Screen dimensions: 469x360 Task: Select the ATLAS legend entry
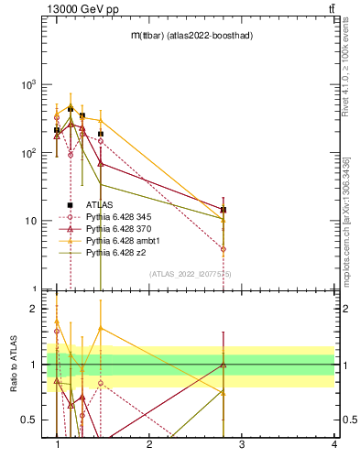99,205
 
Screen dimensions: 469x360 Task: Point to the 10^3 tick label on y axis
28,84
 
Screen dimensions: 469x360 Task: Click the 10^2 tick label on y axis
28,153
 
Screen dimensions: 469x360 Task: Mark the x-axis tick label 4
333,444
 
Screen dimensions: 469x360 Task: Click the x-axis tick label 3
241,444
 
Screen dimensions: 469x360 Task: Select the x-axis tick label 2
149,444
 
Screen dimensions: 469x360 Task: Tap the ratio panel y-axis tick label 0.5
31,420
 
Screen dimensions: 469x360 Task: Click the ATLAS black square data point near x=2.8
224,210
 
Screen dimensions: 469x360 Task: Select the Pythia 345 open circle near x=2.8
224,249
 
